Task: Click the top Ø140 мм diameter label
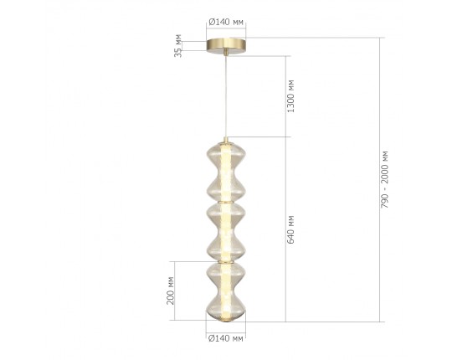(x=226, y=22)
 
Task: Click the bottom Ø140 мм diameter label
(x=226, y=337)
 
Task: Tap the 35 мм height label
(x=178, y=45)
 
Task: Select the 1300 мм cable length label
(x=290, y=96)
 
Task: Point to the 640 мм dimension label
(x=290, y=229)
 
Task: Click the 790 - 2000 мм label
(x=384, y=179)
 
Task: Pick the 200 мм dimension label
(x=171, y=291)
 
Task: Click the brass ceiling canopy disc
(x=226, y=46)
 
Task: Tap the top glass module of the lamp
(x=226, y=172)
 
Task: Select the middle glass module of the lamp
(x=226, y=232)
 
